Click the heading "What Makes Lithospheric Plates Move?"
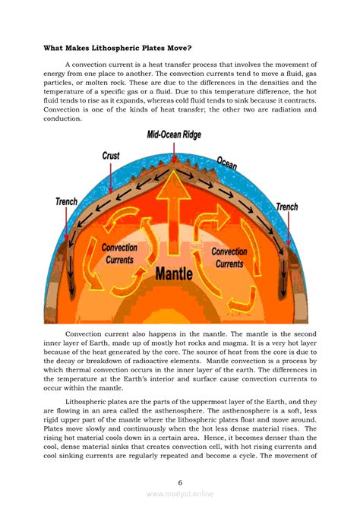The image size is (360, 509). (117, 48)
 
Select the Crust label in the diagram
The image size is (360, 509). (111, 156)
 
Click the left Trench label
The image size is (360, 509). (67, 201)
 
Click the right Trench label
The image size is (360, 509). (286, 207)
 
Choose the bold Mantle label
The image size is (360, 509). (179, 272)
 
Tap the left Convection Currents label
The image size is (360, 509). (119, 253)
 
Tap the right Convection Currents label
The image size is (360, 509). (229, 258)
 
